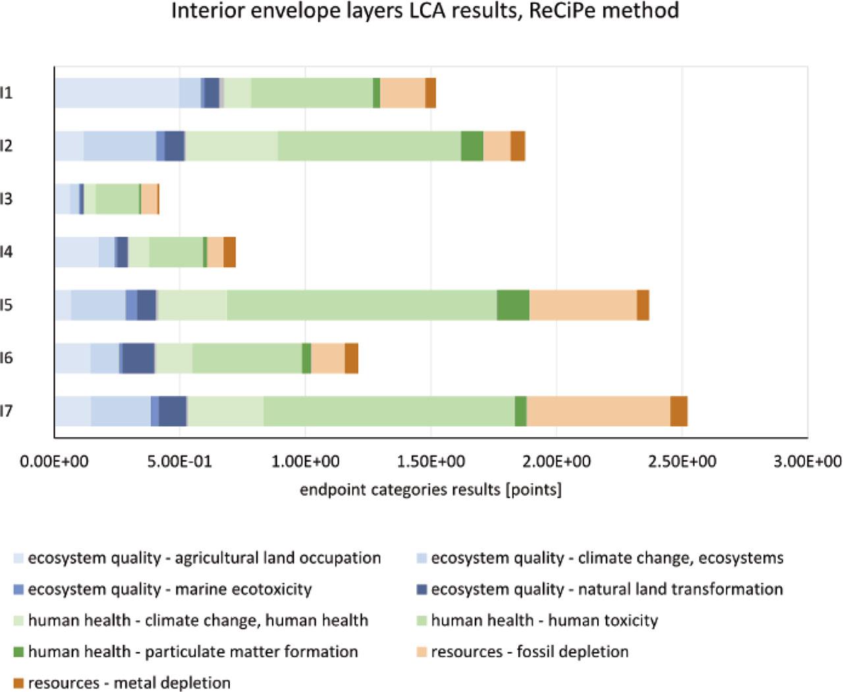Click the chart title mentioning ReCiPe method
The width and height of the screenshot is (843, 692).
(425, 11)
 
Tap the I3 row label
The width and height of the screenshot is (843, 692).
(7, 199)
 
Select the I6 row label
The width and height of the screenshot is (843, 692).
(7, 358)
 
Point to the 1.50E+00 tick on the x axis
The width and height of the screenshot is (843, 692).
(431, 462)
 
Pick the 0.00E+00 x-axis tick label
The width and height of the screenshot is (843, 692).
(54, 462)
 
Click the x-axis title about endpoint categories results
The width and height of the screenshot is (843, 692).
(431, 490)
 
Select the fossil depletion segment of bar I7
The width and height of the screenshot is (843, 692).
(598, 411)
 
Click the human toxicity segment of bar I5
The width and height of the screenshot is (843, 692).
(362, 305)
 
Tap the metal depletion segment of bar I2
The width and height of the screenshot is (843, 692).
(518, 146)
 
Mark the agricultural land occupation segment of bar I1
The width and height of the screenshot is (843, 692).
(117, 93)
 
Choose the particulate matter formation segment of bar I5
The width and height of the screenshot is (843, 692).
(513, 305)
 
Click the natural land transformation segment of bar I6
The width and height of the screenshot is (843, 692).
(138, 358)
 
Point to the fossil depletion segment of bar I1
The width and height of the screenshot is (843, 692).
(402, 93)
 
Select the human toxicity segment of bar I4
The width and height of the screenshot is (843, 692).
(176, 252)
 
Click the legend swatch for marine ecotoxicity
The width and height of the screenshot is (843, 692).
(18, 589)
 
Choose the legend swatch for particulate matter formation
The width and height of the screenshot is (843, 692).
(18, 652)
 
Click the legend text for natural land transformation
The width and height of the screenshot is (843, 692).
(607, 589)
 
